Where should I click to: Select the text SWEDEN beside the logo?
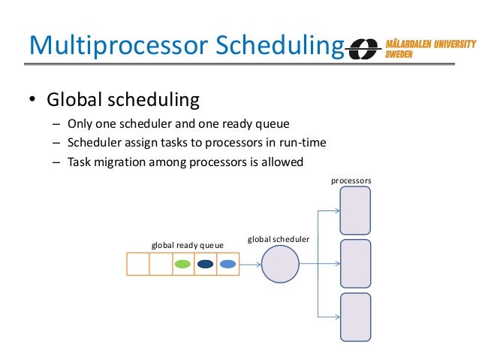[400, 55]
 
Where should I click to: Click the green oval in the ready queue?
[182, 264]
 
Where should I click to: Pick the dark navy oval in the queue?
[205, 264]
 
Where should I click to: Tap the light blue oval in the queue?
[227, 264]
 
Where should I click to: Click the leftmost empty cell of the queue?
[137, 264]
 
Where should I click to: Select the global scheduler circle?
[280, 264]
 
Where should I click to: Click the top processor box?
[355, 210]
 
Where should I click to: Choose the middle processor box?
[355, 263]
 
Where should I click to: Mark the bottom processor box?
[355, 316]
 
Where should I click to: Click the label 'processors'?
[351, 181]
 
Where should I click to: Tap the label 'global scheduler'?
[279, 239]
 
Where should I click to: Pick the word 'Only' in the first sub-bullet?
[80, 124]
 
